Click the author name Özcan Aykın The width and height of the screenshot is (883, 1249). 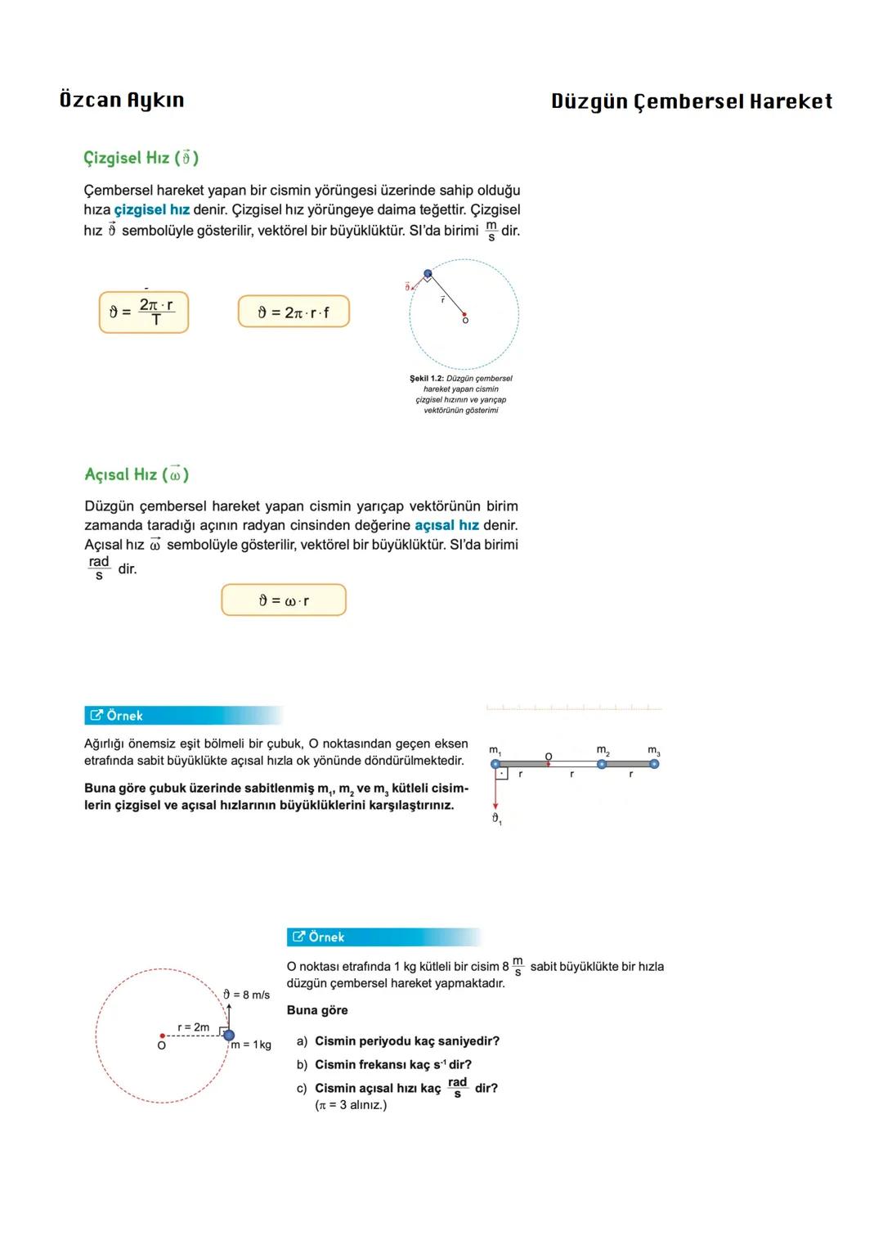(x=122, y=101)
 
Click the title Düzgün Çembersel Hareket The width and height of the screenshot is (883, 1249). (x=691, y=101)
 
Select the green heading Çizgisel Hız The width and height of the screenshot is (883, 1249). (x=141, y=158)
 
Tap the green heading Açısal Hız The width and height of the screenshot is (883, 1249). (x=137, y=474)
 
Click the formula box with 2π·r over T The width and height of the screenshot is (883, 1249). (x=144, y=312)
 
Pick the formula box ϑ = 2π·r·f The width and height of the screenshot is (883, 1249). (x=294, y=312)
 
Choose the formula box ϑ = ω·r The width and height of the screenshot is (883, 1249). (x=284, y=600)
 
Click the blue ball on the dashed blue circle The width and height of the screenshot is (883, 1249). (x=428, y=274)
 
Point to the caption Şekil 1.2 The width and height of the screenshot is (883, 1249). (x=461, y=394)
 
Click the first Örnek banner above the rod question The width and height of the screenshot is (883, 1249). (x=184, y=716)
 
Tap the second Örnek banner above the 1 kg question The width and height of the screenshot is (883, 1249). (x=384, y=937)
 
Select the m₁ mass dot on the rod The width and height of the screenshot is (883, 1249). (x=495, y=764)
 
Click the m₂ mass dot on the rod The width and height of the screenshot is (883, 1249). (x=602, y=764)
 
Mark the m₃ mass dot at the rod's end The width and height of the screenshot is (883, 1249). (x=654, y=764)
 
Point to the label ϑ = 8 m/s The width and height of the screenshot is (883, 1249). (x=247, y=995)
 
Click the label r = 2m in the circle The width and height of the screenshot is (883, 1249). (x=194, y=1027)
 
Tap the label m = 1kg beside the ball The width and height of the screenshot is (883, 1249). (x=251, y=1045)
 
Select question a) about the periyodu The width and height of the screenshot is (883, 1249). (x=398, y=1041)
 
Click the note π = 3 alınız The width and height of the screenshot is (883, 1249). (x=351, y=1105)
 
